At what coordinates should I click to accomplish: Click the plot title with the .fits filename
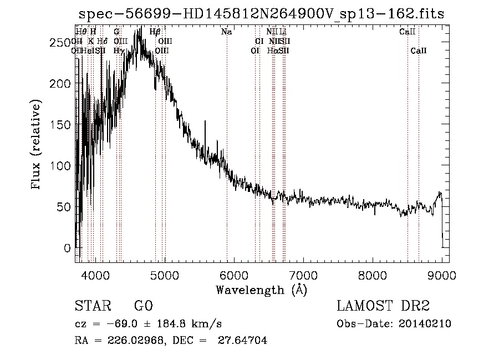coord(261,14)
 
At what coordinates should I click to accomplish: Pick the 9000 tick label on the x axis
coord(442,275)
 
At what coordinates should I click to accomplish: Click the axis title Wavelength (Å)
coord(261,290)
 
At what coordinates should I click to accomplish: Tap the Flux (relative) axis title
coord(37,145)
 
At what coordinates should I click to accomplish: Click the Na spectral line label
coord(226,32)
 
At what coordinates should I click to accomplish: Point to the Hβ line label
coord(155,32)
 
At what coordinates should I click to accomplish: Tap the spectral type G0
coord(143,306)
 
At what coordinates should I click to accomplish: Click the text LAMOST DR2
coord(383,306)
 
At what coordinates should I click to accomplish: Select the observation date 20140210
coord(426,324)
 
